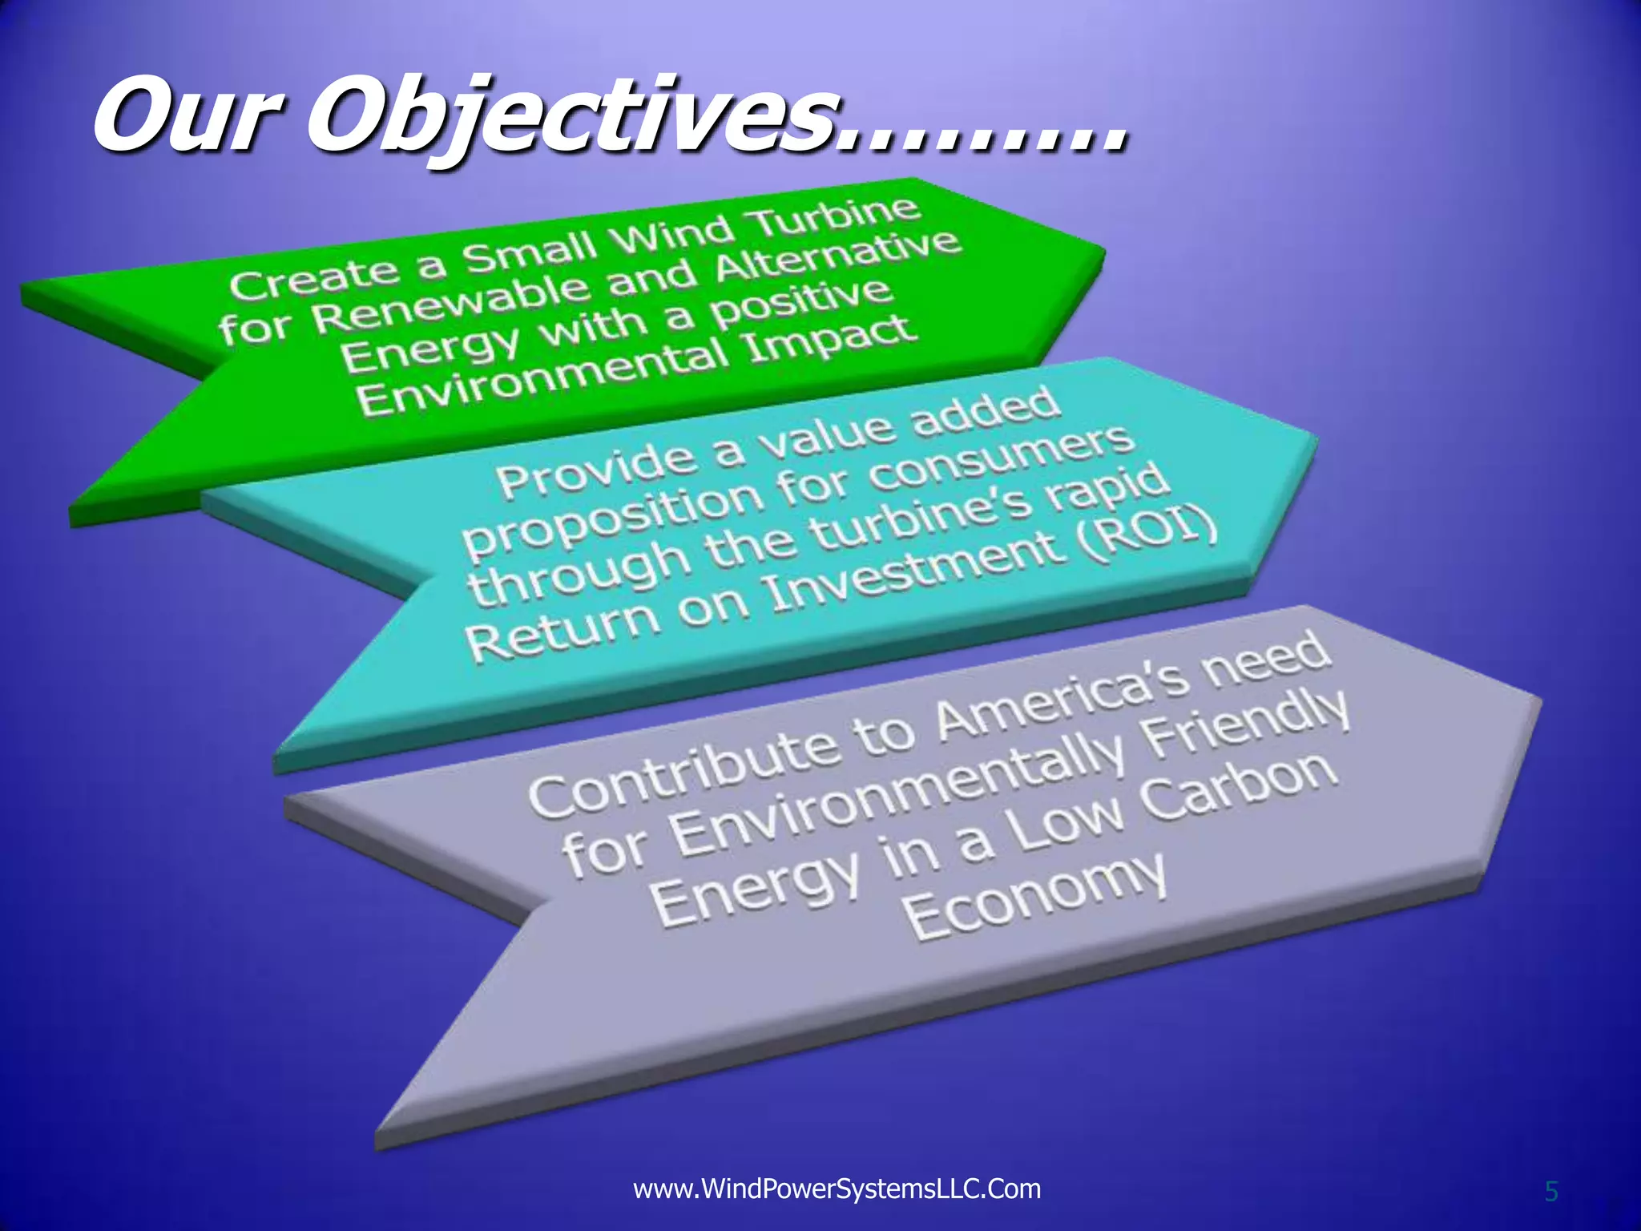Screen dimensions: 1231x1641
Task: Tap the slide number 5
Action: pos(1551,1192)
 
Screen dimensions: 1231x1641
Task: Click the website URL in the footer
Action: pos(837,1189)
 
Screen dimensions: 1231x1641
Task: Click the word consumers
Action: pos(1002,463)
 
